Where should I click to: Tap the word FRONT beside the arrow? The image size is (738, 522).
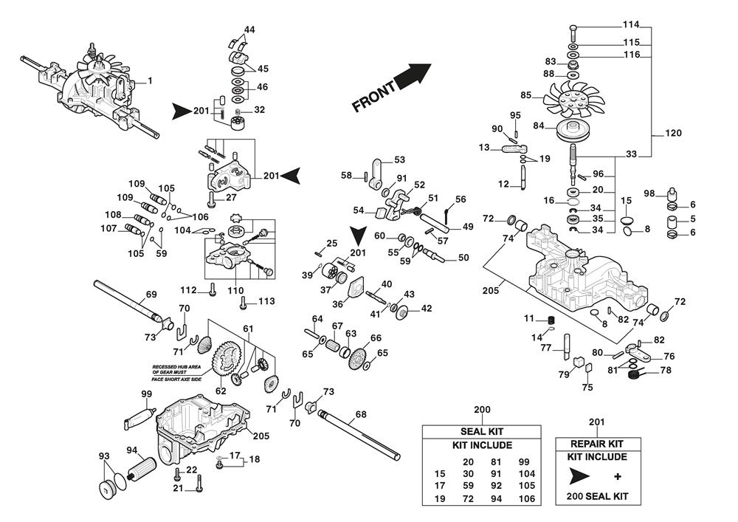click(x=375, y=97)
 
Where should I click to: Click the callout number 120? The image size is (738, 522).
click(x=673, y=133)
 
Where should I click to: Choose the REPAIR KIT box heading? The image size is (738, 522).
click(x=597, y=444)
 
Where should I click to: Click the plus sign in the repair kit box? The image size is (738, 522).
click(x=617, y=477)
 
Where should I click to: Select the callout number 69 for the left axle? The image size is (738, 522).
click(x=151, y=295)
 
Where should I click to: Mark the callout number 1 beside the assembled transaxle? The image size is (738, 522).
click(x=150, y=80)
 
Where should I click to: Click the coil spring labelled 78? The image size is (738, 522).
click(x=633, y=375)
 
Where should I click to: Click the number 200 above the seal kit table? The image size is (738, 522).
click(x=482, y=408)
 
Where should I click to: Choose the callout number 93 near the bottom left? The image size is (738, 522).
click(x=103, y=456)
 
